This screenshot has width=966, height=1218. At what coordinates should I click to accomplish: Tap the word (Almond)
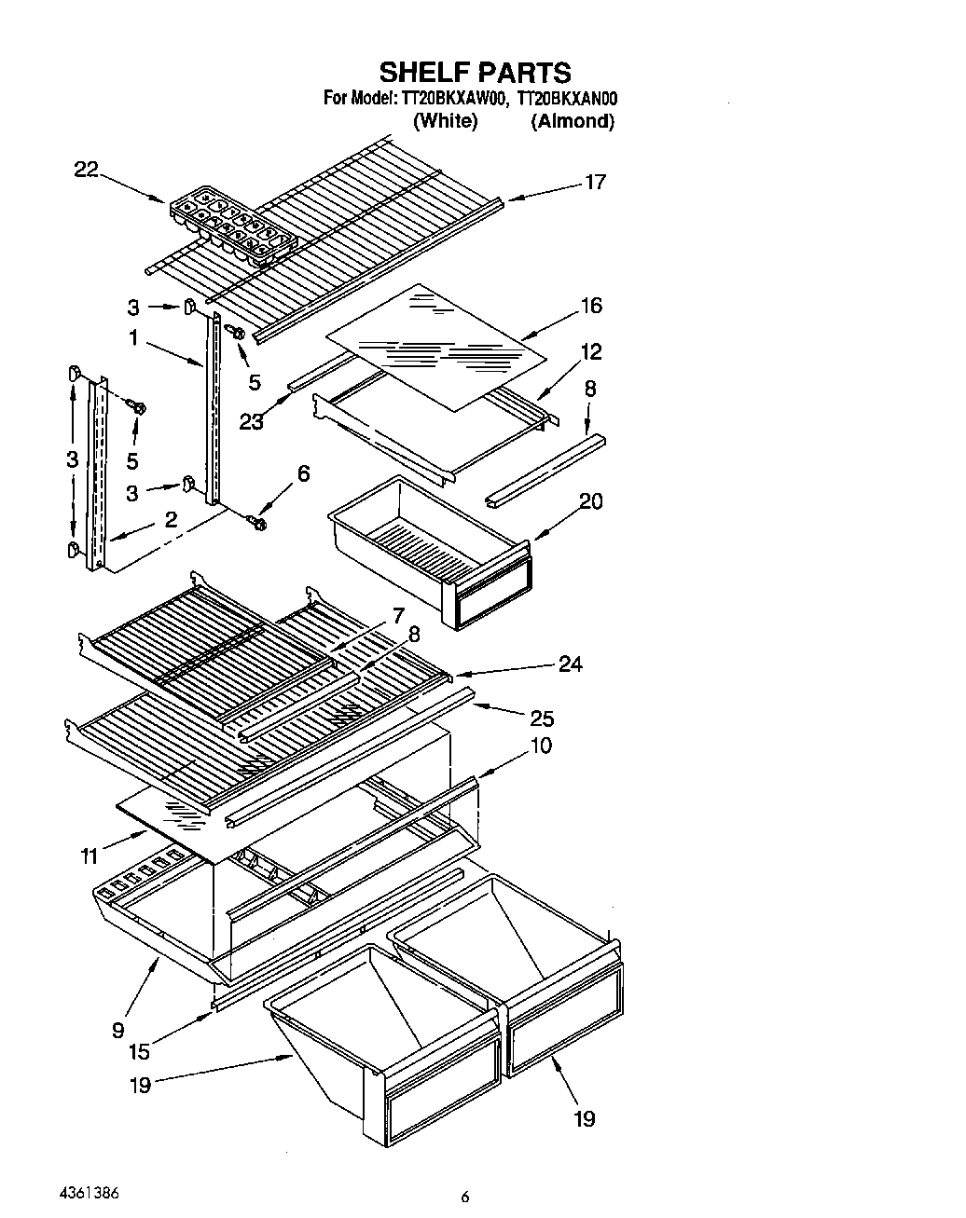(x=573, y=120)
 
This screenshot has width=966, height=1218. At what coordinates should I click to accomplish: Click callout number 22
(x=86, y=169)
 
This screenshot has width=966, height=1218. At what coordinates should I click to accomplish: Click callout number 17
(x=595, y=182)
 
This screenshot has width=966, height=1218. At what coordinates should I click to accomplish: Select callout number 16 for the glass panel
(x=590, y=306)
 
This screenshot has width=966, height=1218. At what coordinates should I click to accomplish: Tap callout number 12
(x=590, y=351)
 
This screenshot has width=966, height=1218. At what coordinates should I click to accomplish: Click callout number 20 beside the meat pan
(x=590, y=501)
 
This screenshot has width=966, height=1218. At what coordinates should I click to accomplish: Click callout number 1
(x=133, y=338)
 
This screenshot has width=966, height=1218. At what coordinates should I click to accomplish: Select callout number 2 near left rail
(x=170, y=520)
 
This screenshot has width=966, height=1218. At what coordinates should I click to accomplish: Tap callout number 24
(x=570, y=664)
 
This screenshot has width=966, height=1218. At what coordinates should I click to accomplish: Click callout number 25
(x=542, y=718)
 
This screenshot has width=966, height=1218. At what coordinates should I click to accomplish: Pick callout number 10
(x=540, y=746)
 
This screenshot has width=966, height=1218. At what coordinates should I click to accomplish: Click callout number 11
(x=89, y=856)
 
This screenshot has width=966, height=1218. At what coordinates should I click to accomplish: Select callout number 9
(x=118, y=1030)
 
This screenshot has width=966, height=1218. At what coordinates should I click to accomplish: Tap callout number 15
(x=139, y=1052)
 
